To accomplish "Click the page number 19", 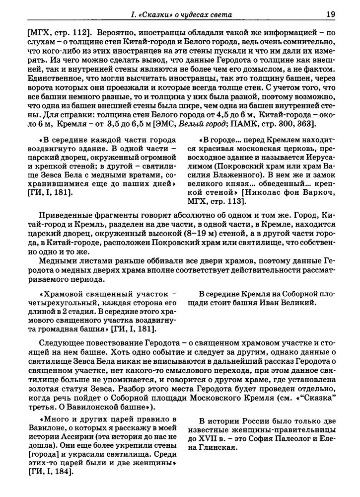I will point(330,14).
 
